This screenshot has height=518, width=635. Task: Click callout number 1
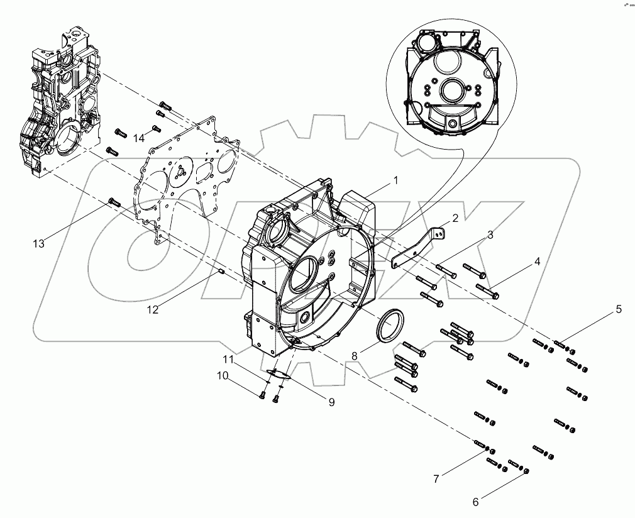click(396, 180)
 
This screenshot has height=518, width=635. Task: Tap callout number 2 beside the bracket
click(455, 218)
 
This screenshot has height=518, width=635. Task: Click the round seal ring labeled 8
click(391, 327)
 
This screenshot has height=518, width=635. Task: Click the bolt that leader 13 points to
click(114, 202)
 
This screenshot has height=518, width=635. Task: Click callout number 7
click(436, 479)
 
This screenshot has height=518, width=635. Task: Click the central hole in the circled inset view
click(453, 92)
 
